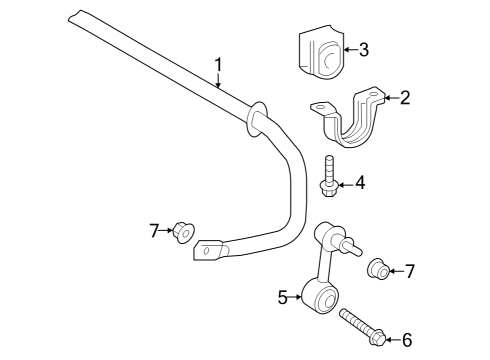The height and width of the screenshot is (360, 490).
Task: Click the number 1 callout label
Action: [217, 66]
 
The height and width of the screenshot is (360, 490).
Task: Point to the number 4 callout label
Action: [360, 183]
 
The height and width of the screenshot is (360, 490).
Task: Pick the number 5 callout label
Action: [283, 295]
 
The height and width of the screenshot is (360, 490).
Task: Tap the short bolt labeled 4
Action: [329, 174]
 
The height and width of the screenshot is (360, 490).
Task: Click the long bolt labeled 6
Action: [361, 328]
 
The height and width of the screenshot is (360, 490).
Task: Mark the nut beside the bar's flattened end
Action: [184, 232]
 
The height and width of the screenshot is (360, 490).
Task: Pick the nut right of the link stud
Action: [379, 269]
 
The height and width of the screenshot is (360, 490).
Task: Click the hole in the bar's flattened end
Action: [206, 251]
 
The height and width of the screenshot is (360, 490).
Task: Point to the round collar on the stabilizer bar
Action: [254, 115]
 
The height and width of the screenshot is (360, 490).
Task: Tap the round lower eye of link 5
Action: [325, 297]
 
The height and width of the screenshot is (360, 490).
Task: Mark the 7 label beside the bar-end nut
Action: [156, 231]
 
